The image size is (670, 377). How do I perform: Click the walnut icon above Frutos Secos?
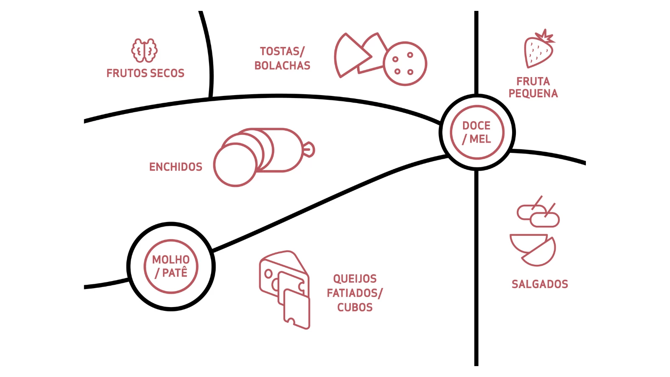click(x=144, y=51)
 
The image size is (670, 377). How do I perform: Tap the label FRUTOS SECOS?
click(x=145, y=73)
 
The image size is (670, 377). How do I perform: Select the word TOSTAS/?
click(x=282, y=51)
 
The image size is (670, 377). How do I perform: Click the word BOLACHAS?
click(x=282, y=66)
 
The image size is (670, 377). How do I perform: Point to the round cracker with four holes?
click(x=405, y=64)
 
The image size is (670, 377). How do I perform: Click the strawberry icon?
click(x=539, y=49)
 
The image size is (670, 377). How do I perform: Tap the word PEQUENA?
click(x=533, y=93)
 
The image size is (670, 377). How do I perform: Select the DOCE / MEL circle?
click(x=477, y=132)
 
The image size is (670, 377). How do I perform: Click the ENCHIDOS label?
click(x=175, y=167)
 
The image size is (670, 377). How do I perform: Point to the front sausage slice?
click(x=235, y=165)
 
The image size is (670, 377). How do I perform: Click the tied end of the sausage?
click(x=309, y=150)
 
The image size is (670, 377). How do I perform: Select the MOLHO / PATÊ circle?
click(x=171, y=266)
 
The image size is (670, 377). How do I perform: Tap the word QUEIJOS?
click(x=355, y=279)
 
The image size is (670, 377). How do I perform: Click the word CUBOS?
click(x=355, y=307)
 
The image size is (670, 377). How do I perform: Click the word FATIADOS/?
click(x=355, y=293)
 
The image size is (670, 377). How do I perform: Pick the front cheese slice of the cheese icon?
click(x=297, y=308)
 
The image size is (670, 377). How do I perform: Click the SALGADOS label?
click(x=540, y=284)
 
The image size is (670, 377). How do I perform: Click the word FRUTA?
click(x=533, y=81)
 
